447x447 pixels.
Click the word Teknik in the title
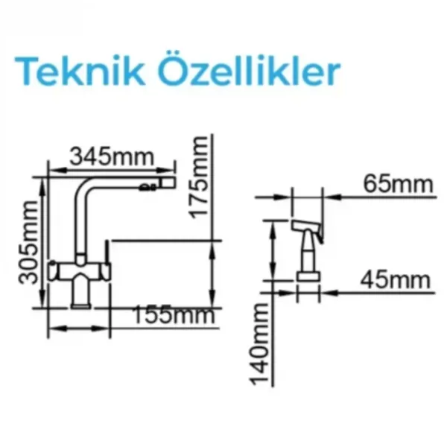click(x=80, y=71)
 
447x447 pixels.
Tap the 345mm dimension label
click(x=112, y=156)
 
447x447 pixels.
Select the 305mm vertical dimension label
click(x=28, y=243)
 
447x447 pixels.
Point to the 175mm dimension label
click(x=199, y=177)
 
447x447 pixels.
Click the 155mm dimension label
click(x=174, y=314)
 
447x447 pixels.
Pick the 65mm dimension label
click(x=398, y=184)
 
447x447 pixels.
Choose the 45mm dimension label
click(x=395, y=280)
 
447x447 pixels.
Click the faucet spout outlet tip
click(x=169, y=183)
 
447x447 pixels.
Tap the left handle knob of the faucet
click(x=53, y=270)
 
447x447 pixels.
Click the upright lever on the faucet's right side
click(x=107, y=252)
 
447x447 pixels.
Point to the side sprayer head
click(x=307, y=228)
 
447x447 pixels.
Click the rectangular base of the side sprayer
click(x=308, y=276)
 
